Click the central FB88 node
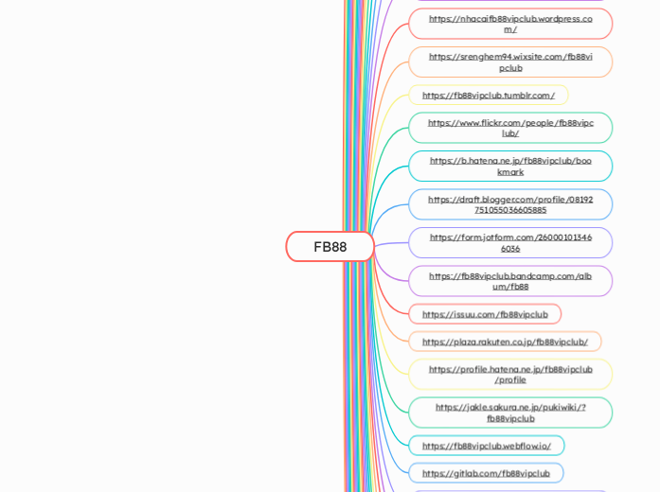330,247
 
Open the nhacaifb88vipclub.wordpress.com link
510,24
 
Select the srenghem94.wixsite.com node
510,62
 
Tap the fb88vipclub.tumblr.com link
489,96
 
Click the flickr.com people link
510,128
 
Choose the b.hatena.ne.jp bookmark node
510,167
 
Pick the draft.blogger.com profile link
510,204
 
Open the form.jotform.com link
510,243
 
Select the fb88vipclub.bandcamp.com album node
510,281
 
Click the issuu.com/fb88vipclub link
485,314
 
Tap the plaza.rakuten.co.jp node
505,342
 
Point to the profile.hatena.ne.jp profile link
510,375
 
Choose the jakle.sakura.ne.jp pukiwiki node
510,413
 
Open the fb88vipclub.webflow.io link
487,446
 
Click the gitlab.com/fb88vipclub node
486,473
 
